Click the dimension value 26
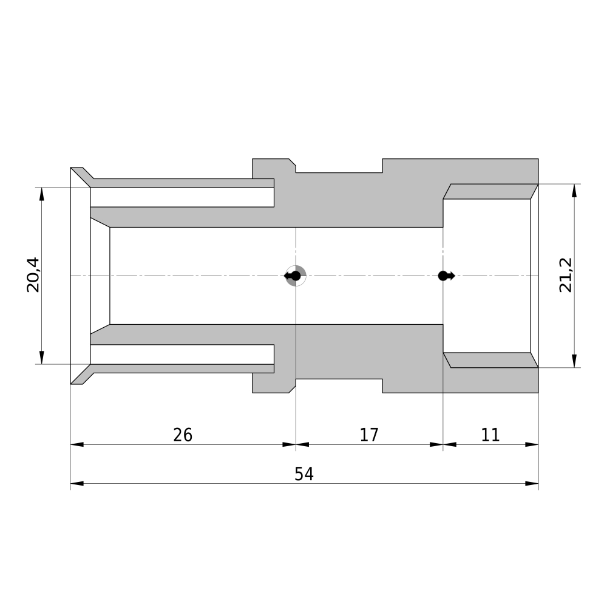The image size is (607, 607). (x=182, y=435)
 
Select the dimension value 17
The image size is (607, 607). (x=369, y=435)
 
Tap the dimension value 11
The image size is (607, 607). (x=490, y=435)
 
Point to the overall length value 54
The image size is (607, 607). (x=304, y=474)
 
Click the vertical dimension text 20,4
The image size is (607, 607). (x=33, y=275)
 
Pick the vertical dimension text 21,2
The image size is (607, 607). (x=566, y=275)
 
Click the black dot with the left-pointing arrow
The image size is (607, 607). (x=293, y=276)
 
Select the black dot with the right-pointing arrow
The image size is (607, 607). (x=446, y=276)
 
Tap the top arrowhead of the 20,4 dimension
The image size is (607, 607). (x=42, y=194)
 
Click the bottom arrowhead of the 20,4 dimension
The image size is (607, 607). (x=42, y=358)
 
